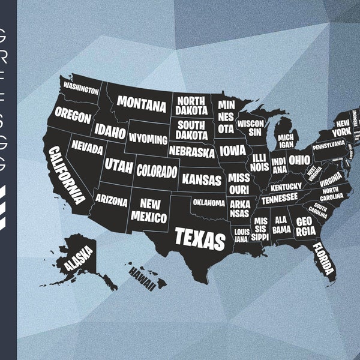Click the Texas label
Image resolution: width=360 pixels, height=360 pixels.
pyautogui.click(x=200, y=238)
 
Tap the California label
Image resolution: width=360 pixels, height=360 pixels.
pyautogui.click(x=67, y=175)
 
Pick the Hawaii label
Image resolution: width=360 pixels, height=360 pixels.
pyautogui.click(x=142, y=278)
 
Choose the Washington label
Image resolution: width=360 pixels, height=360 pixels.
pyautogui.click(x=81, y=89)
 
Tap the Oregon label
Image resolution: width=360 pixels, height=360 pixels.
pyautogui.click(x=73, y=116)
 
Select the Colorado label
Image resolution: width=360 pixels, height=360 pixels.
pyautogui.click(x=157, y=170)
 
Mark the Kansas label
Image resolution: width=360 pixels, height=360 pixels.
pyautogui.click(x=202, y=179)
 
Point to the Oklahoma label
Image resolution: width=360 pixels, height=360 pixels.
pyautogui.click(x=208, y=203)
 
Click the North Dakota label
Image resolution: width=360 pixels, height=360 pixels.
pyautogui.click(x=191, y=106)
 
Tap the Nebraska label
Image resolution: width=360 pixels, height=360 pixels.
pyautogui.click(x=191, y=152)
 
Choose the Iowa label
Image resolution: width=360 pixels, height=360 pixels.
pyautogui.click(x=232, y=151)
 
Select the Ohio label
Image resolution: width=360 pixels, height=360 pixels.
pyautogui.click(x=299, y=160)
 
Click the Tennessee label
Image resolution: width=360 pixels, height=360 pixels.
pyautogui.click(x=279, y=197)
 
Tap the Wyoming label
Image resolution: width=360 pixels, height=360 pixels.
pyautogui.click(x=148, y=139)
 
